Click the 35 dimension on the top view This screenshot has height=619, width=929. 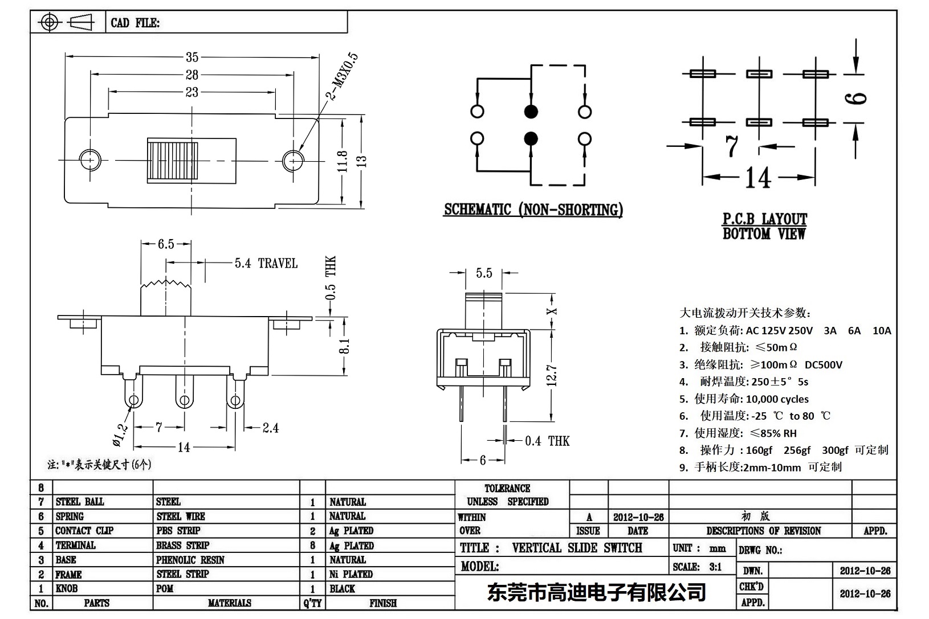point(192,57)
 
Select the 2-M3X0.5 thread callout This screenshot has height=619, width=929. point(342,77)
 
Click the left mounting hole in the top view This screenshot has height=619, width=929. point(89,160)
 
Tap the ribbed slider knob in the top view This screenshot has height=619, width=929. point(173,161)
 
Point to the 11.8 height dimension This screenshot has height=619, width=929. point(342,161)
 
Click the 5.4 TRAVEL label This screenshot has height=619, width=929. point(266,263)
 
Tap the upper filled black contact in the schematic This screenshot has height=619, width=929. point(531,111)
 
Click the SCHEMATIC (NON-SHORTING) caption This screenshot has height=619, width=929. point(533,210)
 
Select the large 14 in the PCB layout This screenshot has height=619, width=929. point(757,178)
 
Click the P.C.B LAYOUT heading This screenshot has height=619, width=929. point(764,219)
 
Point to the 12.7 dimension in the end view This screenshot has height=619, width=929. point(551,375)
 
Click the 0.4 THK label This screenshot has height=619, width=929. point(547,441)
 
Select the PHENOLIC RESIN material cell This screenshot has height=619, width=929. point(190,560)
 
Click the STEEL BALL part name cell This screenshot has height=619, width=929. point(80,502)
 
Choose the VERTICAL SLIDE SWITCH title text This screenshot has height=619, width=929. point(577,548)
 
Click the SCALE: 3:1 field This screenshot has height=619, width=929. point(697,567)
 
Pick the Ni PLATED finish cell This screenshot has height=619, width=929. point(351,574)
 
